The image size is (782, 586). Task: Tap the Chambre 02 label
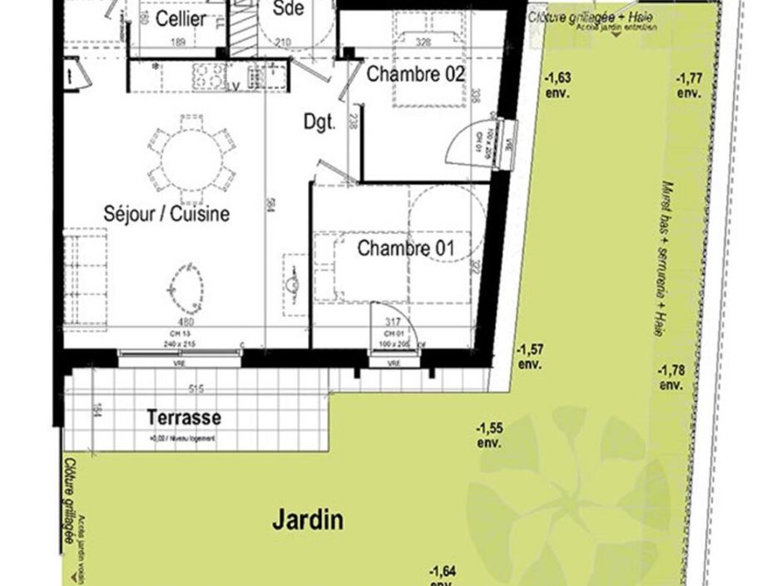click(x=415, y=74)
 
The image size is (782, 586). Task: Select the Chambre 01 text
click(x=407, y=248)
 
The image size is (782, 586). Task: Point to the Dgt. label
click(x=319, y=123)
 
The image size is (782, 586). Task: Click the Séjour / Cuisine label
click(x=166, y=214)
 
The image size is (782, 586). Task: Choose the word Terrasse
click(x=184, y=417)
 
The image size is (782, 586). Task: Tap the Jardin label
click(x=308, y=521)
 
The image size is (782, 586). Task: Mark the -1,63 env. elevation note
click(x=557, y=84)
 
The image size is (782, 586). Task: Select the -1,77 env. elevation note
click(x=690, y=85)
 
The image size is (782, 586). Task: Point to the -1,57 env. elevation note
click(x=531, y=356)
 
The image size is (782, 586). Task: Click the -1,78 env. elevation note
click(x=671, y=377)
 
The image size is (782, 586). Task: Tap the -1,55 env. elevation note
click(x=489, y=435)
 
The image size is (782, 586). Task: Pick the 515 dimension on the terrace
click(x=196, y=388)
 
